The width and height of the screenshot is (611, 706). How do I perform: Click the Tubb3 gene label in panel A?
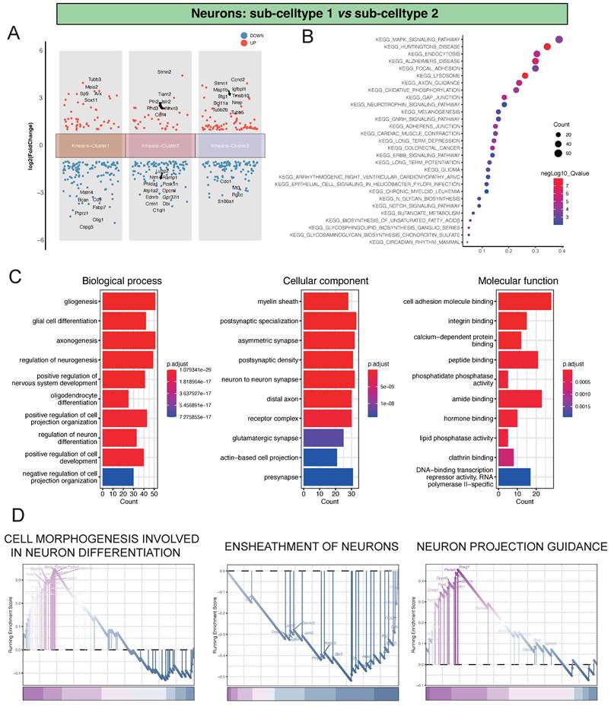pos(94,79)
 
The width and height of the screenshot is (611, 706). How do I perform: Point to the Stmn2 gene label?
pos(164,72)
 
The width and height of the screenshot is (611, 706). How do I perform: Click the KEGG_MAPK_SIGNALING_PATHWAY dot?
pos(559,40)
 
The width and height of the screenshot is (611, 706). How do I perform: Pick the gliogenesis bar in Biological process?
pos(129,302)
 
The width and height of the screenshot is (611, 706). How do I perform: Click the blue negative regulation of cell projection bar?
pos(118,476)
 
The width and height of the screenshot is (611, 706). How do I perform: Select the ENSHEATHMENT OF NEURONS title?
pos(313,546)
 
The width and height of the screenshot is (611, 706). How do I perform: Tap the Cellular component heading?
pos(326,280)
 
